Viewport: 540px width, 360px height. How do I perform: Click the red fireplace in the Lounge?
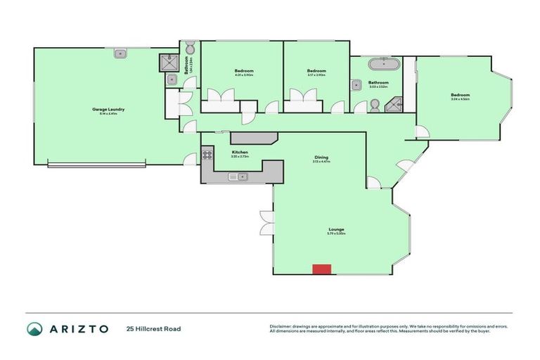(x=321, y=269)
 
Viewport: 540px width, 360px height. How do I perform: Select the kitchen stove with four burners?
(x=207, y=155)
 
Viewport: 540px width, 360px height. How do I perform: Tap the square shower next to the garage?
(x=169, y=63)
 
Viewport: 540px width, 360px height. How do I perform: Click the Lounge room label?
(x=336, y=229)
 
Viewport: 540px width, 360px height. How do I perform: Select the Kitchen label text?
(x=240, y=152)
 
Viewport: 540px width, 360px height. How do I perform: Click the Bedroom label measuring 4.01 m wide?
(x=244, y=71)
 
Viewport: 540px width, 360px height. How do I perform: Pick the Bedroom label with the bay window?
(x=460, y=95)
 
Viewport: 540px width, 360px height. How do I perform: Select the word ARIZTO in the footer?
(x=78, y=328)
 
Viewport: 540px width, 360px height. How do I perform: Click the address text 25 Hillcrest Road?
(x=153, y=328)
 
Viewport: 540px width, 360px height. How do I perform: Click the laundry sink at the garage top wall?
(x=121, y=52)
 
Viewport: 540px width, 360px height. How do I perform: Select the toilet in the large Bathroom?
(x=375, y=105)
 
